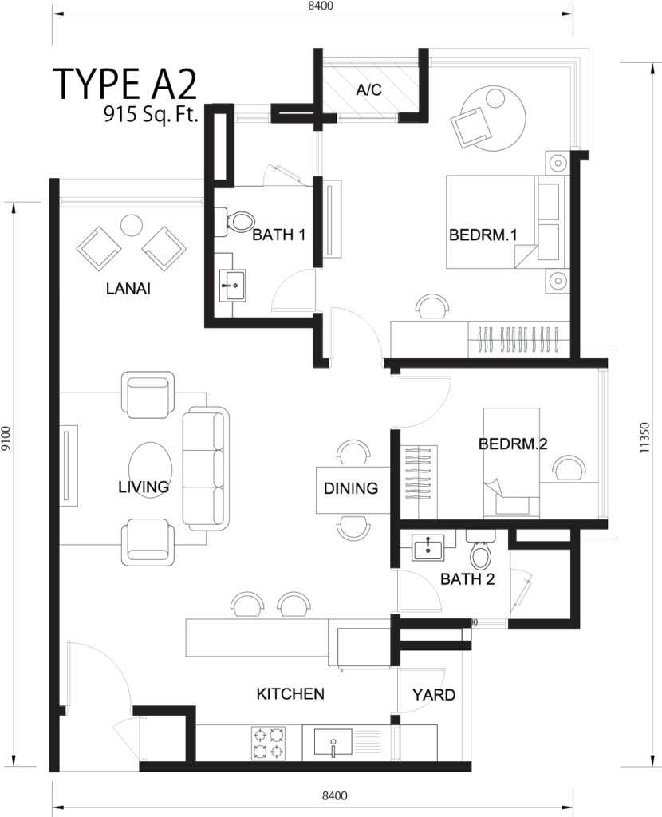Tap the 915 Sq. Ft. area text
(151, 113)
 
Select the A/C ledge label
(368, 90)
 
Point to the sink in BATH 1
(232, 286)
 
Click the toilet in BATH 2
(480, 550)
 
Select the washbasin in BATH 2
(428, 547)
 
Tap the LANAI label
(128, 289)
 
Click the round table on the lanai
(131, 226)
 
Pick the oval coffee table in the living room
(150, 468)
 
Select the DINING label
(350, 488)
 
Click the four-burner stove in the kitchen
(269, 744)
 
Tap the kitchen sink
(334, 743)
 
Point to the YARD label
(433, 695)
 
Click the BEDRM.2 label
(513, 444)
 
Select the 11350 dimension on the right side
(646, 438)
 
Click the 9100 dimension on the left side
(6, 440)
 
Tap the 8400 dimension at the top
(321, 6)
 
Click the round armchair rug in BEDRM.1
(491, 120)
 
